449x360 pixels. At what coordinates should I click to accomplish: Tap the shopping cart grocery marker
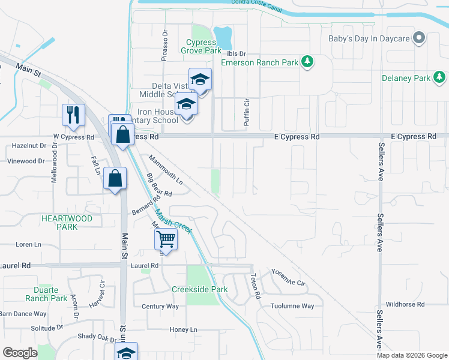coord(166,239)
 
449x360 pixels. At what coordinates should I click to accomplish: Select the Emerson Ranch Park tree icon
coord(307,61)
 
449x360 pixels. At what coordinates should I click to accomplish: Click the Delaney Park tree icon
coord(440,77)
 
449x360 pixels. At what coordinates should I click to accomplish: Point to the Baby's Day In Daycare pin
coord(420,39)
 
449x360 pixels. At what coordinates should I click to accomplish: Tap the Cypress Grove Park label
coord(201,47)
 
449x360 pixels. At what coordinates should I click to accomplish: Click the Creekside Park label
coord(199,289)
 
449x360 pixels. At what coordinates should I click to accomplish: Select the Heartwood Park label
coord(67,223)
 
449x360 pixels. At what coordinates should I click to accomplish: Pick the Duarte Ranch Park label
coord(46,294)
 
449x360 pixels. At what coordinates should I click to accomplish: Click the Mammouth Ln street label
coord(165,169)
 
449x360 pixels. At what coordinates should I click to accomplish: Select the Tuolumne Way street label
coord(292,306)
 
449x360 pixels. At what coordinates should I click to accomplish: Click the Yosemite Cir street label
coord(288,277)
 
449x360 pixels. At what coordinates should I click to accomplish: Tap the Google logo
coord(20,352)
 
